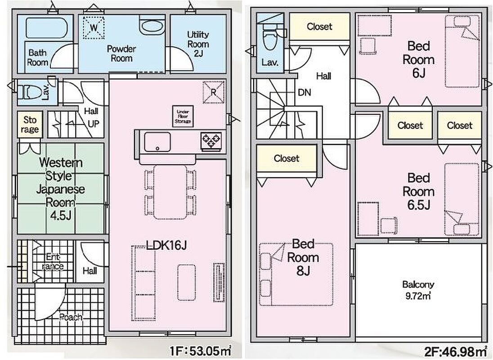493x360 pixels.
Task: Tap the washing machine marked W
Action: click(x=94, y=27)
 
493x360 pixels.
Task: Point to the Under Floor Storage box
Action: click(x=184, y=116)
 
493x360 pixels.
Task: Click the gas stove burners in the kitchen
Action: click(x=210, y=141)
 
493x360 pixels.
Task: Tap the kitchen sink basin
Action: click(x=157, y=142)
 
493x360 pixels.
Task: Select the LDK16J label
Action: click(x=166, y=245)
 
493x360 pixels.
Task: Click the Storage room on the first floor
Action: click(x=30, y=125)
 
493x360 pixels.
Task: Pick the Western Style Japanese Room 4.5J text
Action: click(x=60, y=188)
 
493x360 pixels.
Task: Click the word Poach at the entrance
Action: click(x=71, y=317)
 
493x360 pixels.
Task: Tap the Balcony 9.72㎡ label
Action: click(x=418, y=289)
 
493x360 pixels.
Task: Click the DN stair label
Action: click(x=304, y=92)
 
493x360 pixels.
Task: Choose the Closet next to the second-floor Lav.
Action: click(x=319, y=27)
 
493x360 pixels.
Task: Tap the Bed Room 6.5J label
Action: click(x=418, y=191)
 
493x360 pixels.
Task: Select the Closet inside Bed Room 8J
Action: click(x=287, y=158)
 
